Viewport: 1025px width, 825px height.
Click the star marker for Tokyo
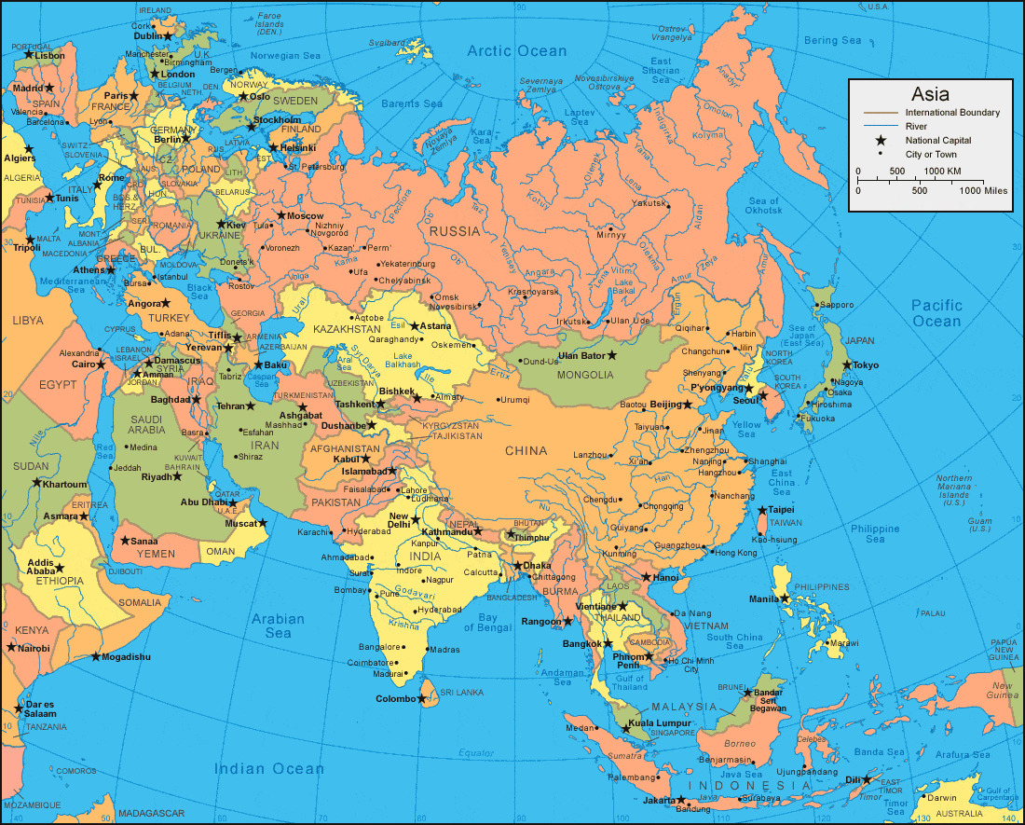(x=847, y=364)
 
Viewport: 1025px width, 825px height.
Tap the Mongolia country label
(x=586, y=375)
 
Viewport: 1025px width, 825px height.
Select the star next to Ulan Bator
(x=612, y=355)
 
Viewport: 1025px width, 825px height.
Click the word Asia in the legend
(x=930, y=94)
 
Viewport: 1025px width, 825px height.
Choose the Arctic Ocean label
(x=516, y=51)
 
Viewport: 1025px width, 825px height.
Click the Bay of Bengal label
(x=500, y=623)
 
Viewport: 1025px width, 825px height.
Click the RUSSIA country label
(x=456, y=231)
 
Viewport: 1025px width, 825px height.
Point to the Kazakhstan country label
(x=347, y=329)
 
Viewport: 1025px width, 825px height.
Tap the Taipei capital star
(x=762, y=510)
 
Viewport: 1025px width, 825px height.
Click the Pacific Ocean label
(x=936, y=313)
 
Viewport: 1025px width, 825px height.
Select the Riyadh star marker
(x=177, y=476)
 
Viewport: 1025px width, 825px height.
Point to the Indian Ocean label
(x=269, y=769)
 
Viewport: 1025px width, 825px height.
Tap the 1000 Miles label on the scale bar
(x=983, y=190)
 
